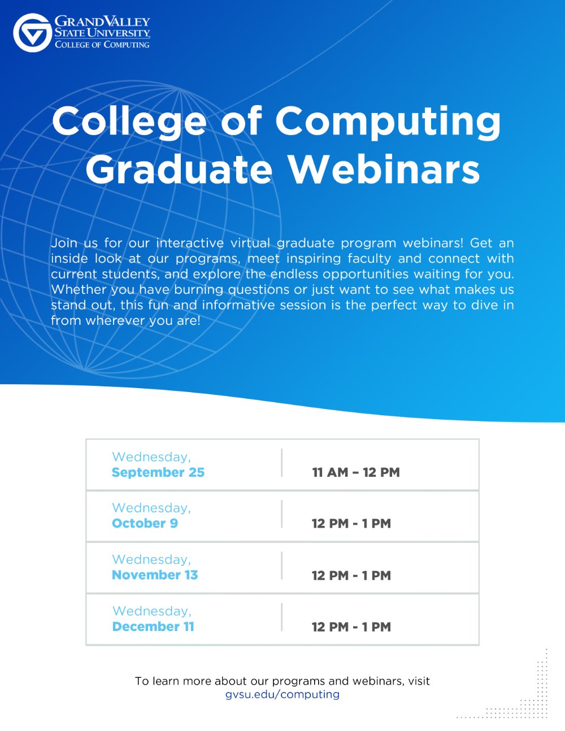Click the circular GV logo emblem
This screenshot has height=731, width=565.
32,33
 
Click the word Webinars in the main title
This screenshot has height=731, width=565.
384,169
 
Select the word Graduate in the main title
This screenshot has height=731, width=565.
179,169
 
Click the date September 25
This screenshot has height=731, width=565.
158,472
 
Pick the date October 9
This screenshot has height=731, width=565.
145,523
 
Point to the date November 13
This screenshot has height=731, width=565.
155,575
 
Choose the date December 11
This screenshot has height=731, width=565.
153,626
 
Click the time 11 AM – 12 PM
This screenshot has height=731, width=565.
356,472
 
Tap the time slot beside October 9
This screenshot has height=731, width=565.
351,524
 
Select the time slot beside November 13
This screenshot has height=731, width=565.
351,576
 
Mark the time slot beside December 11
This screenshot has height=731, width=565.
351,627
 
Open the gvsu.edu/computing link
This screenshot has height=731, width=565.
282,694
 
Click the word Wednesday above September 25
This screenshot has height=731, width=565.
151,456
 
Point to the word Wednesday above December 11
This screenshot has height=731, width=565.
152,611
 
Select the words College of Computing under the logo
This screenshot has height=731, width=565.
102,45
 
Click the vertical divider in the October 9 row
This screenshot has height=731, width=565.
281,514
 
